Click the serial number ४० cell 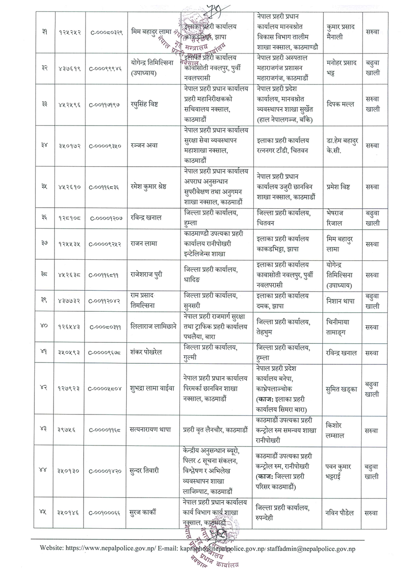(44, 327)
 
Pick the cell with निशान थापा (339, 301)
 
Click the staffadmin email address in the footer (324, 545)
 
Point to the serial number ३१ (44, 32)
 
